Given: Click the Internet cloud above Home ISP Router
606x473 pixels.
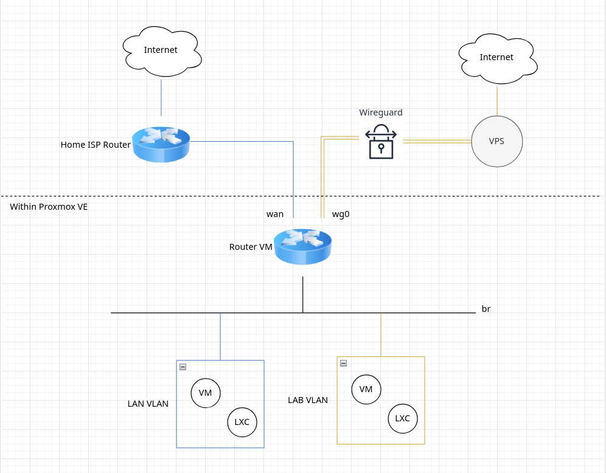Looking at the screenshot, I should pyautogui.click(x=161, y=51).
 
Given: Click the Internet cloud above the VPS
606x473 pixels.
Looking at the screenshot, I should pyautogui.click(x=496, y=58).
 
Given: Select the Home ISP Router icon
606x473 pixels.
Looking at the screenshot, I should pyautogui.click(x=161, y=144).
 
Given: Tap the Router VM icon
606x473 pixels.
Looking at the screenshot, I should pyautogui.click(x=302, y=246).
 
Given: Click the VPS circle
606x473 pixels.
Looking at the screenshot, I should pyautogui.click(x=496, y=142).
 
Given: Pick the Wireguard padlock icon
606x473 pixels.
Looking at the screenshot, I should pyautogui.click(x=381, y=142).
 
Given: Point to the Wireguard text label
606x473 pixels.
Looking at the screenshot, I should pyautogui.click(x=381, y=112).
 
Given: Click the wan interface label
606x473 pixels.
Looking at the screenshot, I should pyautogui.click(x=275, y=214).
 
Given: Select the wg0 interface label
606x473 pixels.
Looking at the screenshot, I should pyautogui.click(x=341, y=214).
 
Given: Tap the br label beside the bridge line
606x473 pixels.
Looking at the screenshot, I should pyautogui.click(x=486, y=309).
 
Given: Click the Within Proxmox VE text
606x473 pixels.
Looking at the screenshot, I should pyautogui.click(x=49, y=207).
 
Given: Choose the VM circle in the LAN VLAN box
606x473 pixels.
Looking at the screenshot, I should pyautogui.click(x=206, y=393).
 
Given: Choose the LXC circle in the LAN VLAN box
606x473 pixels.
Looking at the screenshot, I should pyautogui.click(x=242, y=421).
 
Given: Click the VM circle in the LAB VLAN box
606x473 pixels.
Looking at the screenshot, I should pyautogui.click(x=366, y=389).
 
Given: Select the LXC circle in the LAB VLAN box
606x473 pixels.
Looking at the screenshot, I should pyautogui.click(x=403, y=418).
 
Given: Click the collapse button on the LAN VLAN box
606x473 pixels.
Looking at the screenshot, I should pyautogui.click(x=183, y=367).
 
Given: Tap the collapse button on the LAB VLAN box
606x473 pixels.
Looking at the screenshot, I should pyautogui.click(x=343, y=363).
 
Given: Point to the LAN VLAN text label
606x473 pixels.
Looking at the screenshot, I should pyautogui.click(x=148, y=404).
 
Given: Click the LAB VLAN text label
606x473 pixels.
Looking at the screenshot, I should pyautogui.click(x=308, y=400).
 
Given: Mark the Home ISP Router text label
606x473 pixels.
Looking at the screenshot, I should pyautogui.click(x=96, y=145).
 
